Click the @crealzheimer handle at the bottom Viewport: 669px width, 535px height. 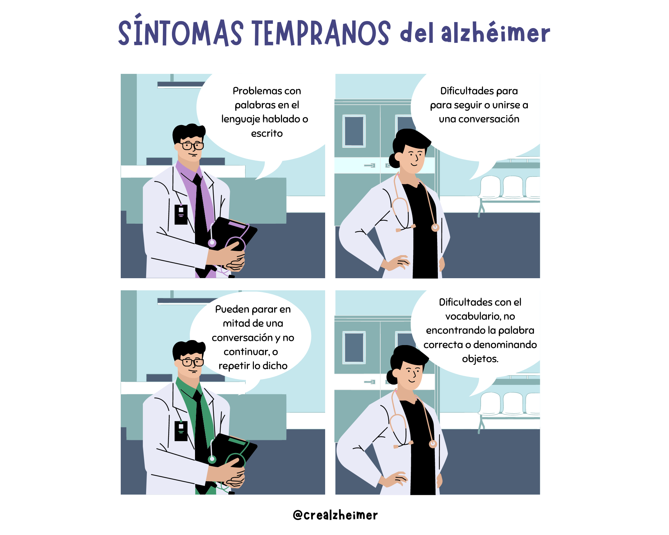[x=335, y=515]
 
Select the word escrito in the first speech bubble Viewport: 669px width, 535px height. [x=267, y=133]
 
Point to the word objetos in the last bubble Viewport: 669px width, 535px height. [x=480, y=359]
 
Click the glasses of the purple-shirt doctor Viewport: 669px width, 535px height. [x=192, y=146]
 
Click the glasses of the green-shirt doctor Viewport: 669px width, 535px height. [x=192, y=362]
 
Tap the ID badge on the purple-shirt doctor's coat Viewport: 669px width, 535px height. [x=181, y=214]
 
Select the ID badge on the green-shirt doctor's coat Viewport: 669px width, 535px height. [x=181, y=431]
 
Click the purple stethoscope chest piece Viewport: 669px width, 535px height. [x=212, y=243]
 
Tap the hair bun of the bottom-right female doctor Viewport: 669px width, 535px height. [x=392, y=377]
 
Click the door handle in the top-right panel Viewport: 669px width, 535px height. [x=370, y=165]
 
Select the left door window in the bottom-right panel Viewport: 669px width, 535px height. [x=354, y=347]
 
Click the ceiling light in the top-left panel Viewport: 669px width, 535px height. [x=181, y=85]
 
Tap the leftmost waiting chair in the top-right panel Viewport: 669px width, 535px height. [x=490, y=187]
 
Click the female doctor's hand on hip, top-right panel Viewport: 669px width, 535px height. [x=398, y=262]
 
